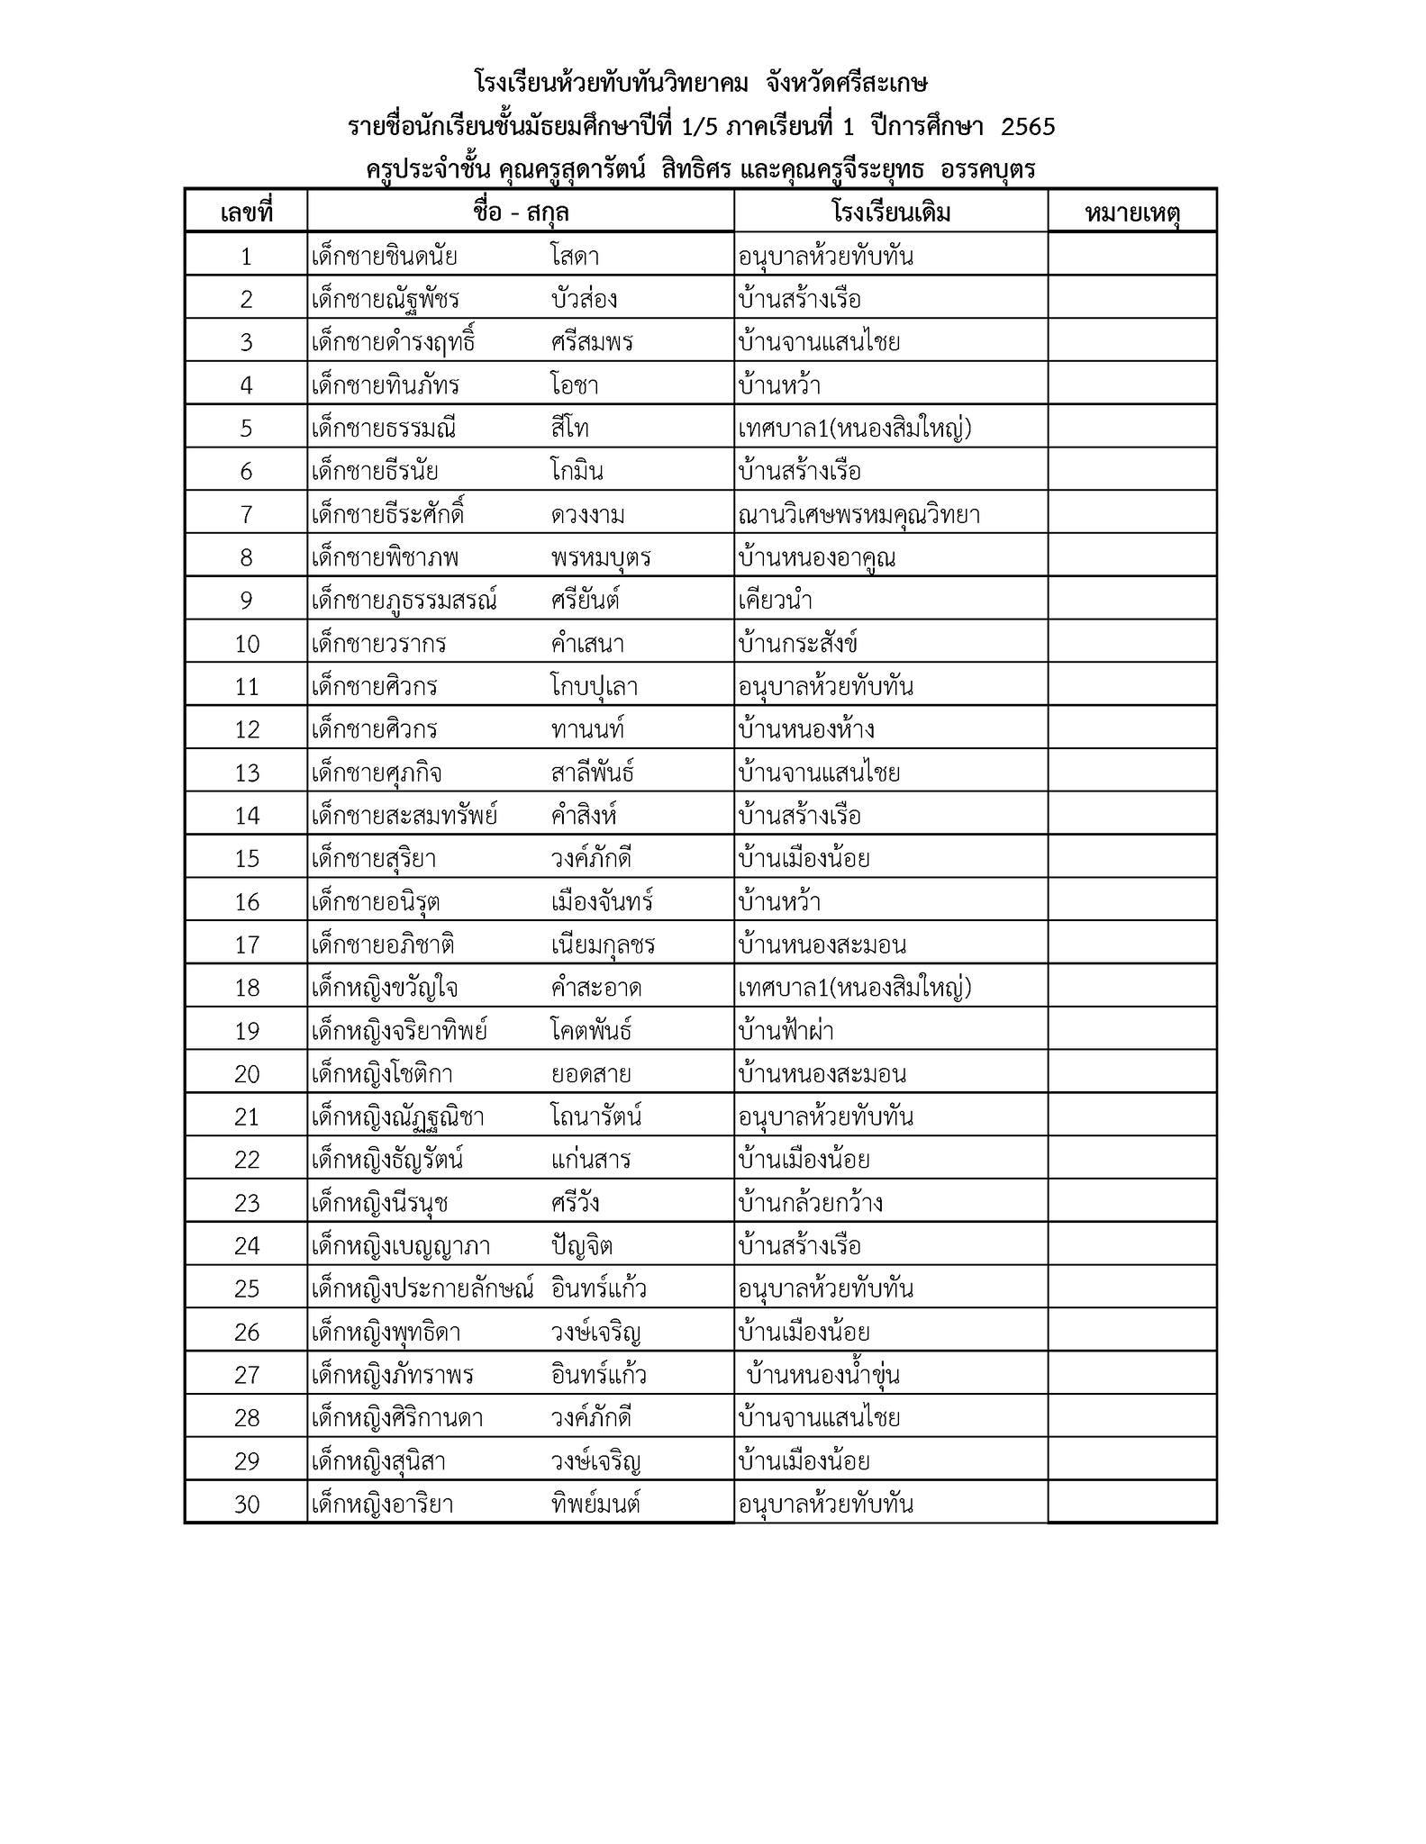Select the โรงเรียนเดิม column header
pos(891,212)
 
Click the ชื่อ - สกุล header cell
pos(521,212)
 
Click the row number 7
pos(246,515)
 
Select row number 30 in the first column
pos(246,1505)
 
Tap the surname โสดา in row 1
pos(575,257)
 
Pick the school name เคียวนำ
pos(776,601)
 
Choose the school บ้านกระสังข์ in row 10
pos(797,644)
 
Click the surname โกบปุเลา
pos(595,687)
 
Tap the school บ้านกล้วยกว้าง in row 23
pos(810,1203)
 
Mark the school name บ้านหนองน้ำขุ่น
pos(823,1376)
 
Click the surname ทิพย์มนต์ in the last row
pos(595,1505)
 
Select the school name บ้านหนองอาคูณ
pos(816,558)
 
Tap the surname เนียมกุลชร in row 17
pos(603,945)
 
